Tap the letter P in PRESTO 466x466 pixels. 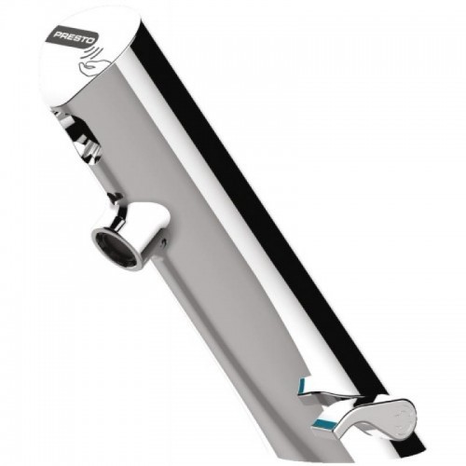tap(58, 35)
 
